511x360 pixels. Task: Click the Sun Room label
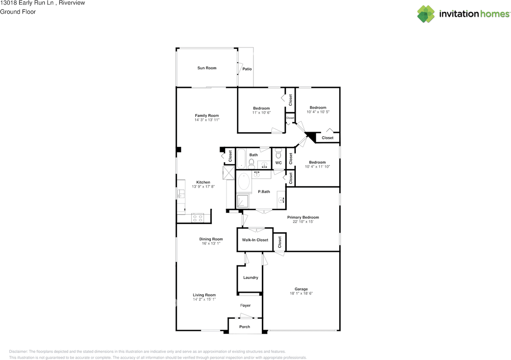point(207,68)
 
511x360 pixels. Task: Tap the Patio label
point(247,69)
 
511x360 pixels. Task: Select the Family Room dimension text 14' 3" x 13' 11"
point(207,120)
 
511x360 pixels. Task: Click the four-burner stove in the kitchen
point(198,218)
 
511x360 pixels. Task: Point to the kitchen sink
point(181,194)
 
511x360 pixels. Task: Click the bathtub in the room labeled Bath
point(241,158)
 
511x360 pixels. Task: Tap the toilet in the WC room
point(278,153)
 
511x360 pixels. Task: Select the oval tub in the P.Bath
point(244,181)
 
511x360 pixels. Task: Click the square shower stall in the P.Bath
point(242,201)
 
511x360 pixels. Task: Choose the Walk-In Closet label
point(255,240)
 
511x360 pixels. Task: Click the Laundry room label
point(250,277)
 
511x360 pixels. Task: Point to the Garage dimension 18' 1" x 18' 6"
point(301,293)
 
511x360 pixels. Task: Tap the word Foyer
point(245,305)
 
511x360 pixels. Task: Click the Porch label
point(245,327)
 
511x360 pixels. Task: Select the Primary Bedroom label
point(303,217)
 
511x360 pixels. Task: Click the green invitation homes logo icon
point(426,14)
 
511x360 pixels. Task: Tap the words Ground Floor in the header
point(18,12)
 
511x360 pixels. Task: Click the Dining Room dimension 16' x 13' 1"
point(211,243)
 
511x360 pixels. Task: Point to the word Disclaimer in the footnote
point(18,352)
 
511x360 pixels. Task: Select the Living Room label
point(204,295)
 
